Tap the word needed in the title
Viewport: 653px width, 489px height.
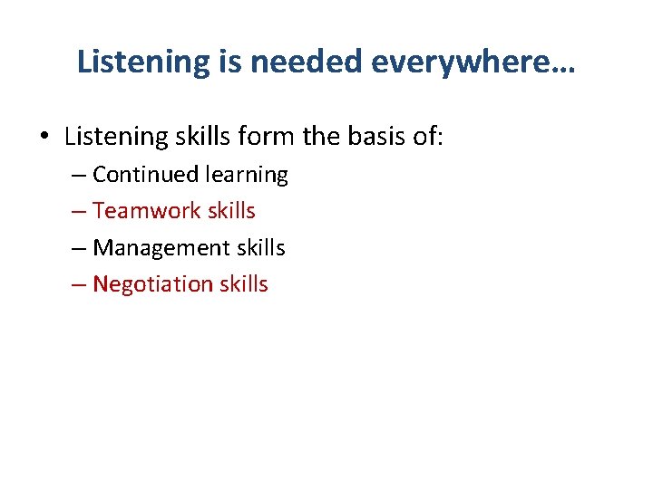(x=307, y=62)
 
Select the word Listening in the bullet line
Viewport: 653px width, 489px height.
(x=112, y=137)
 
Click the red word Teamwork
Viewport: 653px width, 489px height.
(x=147, y=211)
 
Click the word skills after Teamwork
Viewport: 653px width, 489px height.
(x=231, y=211)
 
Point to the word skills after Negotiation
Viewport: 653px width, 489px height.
(x=244, y=284)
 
